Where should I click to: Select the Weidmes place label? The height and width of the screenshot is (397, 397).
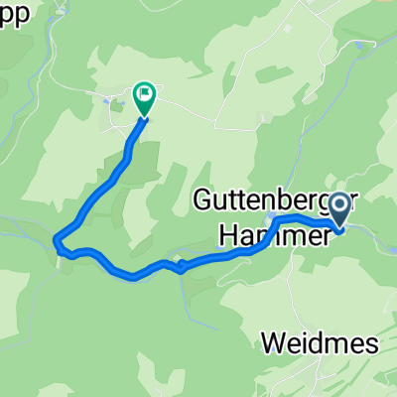point(321,343)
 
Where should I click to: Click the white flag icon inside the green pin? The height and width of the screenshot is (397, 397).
point(145,95)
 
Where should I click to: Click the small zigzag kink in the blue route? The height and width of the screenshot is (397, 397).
point(178,265)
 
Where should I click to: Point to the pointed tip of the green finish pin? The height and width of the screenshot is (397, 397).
point(144,118)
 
